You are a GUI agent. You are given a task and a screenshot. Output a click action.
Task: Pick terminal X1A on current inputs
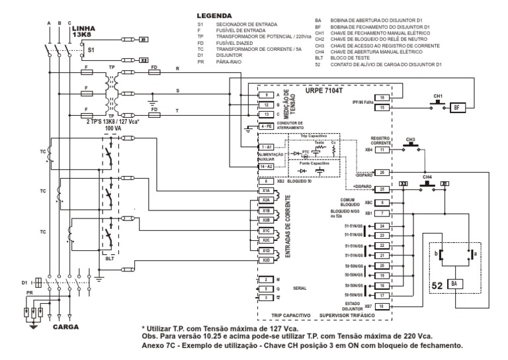tap(265, 190)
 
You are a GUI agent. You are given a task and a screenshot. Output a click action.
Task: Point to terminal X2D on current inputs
tap(265, 260)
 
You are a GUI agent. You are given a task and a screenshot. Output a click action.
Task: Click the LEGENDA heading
tap(214, 15)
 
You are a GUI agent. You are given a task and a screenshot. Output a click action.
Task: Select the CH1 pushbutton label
tap(437, 96)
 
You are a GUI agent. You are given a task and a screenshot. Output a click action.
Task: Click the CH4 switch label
tap(427, 177)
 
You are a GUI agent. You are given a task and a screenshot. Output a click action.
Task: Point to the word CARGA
tap(66, 326)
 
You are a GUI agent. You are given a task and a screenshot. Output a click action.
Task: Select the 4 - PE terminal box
tap(265, 126)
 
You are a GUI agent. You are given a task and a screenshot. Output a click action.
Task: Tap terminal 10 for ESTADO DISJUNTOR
tap(382, 306)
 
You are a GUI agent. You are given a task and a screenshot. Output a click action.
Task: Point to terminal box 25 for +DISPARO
tap(382, 190)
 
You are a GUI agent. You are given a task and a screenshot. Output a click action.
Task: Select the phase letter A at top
tap(49, 23)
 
